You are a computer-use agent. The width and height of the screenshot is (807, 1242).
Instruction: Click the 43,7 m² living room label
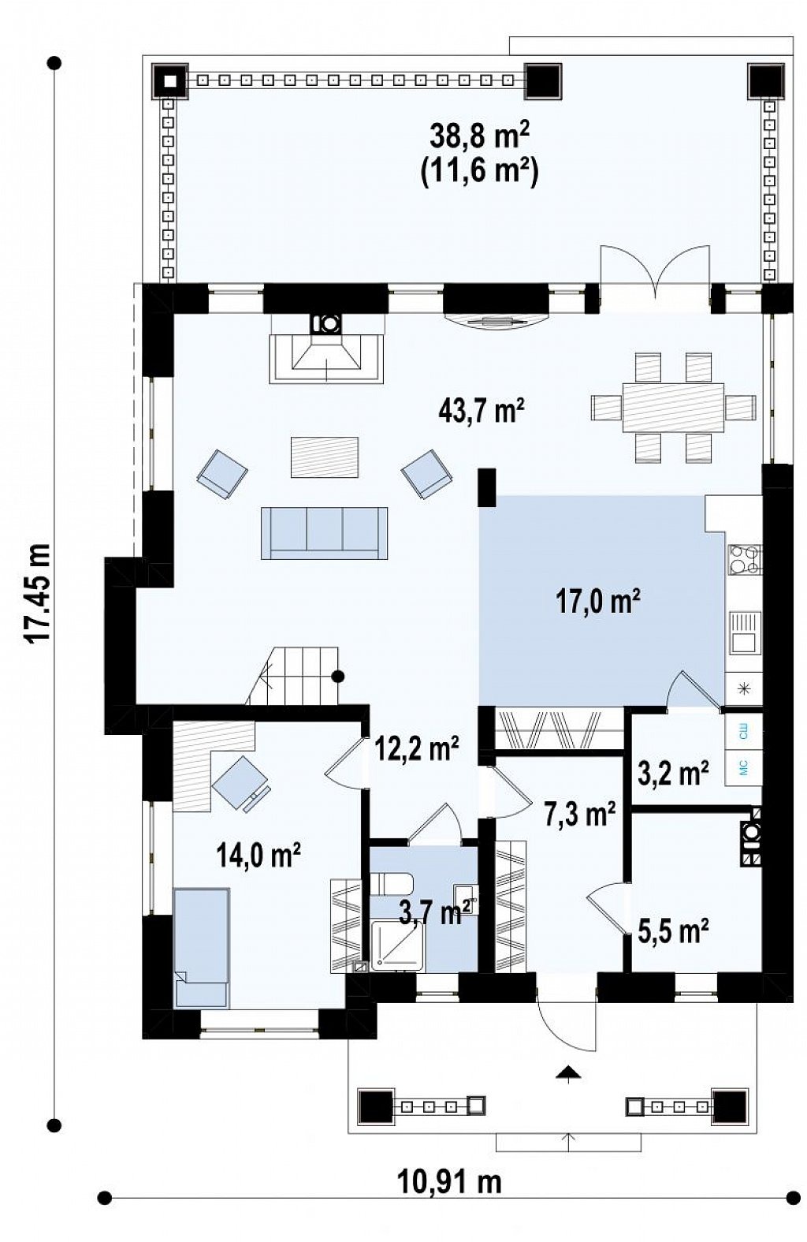(x=481, y=412)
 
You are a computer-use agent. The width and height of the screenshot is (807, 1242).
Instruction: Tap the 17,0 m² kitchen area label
(x=599, y=602)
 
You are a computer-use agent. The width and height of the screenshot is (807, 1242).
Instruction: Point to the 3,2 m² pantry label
(x=673, y=773)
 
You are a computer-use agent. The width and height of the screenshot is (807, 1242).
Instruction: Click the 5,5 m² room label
(x=674, y=932)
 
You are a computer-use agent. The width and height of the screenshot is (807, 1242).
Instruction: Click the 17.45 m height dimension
(x=39, y=593)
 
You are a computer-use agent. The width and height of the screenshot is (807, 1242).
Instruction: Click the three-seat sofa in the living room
(x=325, y=532)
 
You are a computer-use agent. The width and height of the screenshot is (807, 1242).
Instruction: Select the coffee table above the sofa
(x=325, y=457)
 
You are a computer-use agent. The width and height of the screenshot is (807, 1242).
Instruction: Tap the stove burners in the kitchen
(x=745, y=560)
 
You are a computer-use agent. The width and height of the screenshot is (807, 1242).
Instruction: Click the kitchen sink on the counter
(x=745, y=633)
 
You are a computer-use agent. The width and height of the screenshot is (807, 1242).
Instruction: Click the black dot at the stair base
(x=337, y=677)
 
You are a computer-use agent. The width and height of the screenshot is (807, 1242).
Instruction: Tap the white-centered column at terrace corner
(x=171, y=81)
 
